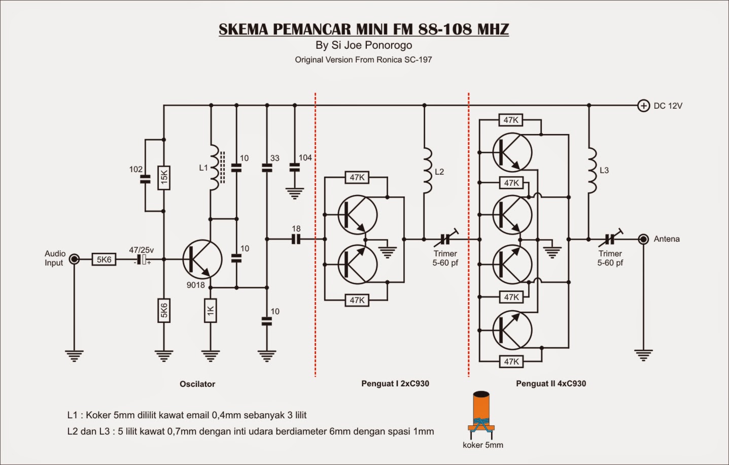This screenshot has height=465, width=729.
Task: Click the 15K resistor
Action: (x=163, y=178)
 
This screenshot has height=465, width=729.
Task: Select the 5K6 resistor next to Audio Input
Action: (x=104, y=259)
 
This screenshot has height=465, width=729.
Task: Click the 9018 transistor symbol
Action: (x=202, y=259)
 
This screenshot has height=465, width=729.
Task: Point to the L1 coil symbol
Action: (x=215, y=168)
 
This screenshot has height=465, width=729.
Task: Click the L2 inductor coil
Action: (x=427, y=171)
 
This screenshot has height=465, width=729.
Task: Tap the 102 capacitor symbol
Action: (x=145, y=179)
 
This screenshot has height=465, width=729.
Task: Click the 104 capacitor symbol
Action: (x=294, y=167)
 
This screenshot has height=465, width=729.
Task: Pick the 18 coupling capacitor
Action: (x=296, y=239)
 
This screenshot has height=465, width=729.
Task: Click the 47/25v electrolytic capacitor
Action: (x=145, y=260)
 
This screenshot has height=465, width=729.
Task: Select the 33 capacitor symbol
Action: (x=267, y=167)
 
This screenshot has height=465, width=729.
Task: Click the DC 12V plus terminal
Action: (x=643, y=106)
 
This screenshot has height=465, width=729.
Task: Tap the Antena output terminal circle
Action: (x=643, y=239)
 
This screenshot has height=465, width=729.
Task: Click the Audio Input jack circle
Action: (x=74, y=259)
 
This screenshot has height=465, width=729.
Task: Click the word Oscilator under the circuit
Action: (x=197, y=384)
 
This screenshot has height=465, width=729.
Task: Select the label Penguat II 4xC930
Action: (x=551, y=383)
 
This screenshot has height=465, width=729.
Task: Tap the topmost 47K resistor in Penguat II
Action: (x=511, y=120)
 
